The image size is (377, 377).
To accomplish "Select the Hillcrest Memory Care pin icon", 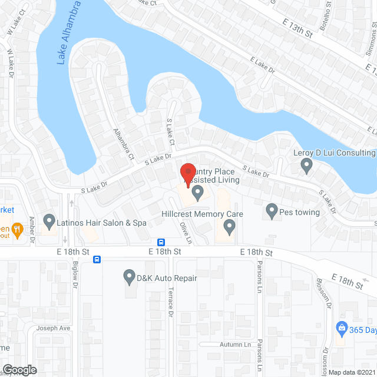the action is point(230,226).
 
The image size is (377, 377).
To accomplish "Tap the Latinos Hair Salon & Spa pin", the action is point(49,221).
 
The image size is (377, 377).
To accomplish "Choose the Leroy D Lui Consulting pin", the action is point(306,167).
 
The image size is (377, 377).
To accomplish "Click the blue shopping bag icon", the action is point(340,327).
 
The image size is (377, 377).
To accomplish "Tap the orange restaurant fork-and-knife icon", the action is point(18,229).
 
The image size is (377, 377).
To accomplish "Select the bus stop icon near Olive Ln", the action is point(160,242).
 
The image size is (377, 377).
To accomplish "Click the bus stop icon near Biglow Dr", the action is point(97,259).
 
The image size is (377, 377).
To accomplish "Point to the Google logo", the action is point(19,369).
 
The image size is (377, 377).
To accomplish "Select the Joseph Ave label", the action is point(52,328).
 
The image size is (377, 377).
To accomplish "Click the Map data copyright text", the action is point(352,372).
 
